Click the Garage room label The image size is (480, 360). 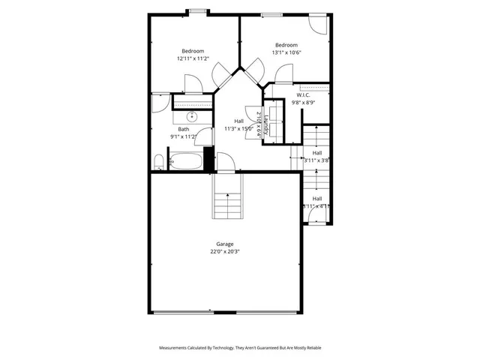[225, 244]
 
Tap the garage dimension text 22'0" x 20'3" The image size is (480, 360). [225, 252]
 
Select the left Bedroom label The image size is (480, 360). [192, 51]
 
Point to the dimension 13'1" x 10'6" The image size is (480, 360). [286, 52]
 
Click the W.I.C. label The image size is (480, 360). [303, 95]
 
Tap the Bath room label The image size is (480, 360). [183, 129]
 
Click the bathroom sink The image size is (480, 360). [192, 116]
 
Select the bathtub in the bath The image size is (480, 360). [185, 161]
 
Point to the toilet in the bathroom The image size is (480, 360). [158, 163]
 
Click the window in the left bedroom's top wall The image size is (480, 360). [198, 12]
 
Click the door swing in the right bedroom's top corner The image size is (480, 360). [318, 24]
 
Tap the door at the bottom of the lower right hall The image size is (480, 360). [316, 217]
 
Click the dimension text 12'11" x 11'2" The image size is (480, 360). [192, 58]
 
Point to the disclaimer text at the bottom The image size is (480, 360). [239, 348]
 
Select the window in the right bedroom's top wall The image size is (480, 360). [271, 14]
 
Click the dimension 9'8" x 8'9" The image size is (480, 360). [303, 103]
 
